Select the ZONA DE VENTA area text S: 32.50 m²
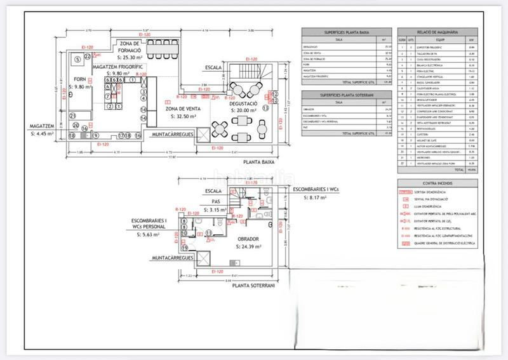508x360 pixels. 180,117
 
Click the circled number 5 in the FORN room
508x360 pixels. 77,59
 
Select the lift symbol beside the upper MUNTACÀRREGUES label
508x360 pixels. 203,135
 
